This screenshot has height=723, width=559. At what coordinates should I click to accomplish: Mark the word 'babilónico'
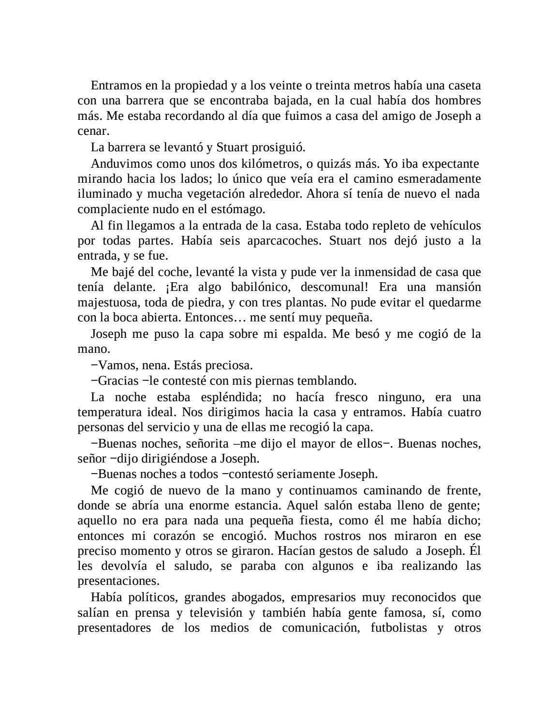[x=256, y=287]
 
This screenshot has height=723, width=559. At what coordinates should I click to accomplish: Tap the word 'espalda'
[x=305, y=333]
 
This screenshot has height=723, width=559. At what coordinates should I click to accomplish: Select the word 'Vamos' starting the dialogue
[x=115, y=364]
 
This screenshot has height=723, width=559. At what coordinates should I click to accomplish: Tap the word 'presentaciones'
[x=118, y=580]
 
